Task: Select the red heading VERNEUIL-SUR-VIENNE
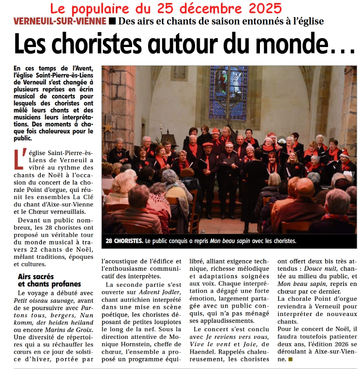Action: click(x=60, y=21)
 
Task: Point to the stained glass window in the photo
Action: click(x=228, y=92)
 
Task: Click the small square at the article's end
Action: click(x=290, y=359)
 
